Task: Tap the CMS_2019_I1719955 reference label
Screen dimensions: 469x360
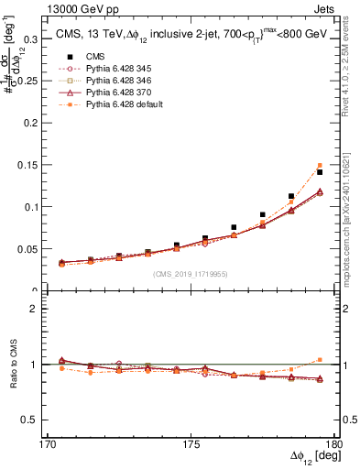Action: (190, 273)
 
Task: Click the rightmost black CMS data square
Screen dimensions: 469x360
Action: (319, 172)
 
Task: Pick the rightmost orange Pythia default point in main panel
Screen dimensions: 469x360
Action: (319, 166)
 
